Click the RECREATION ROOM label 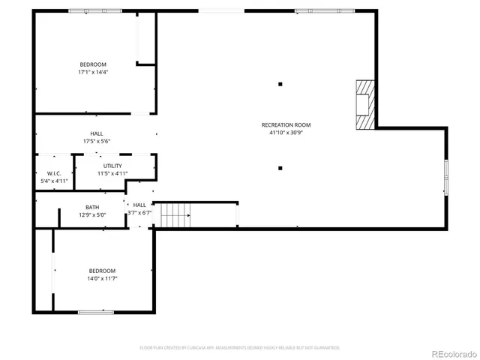point(286,124)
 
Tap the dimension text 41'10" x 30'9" point(286,133)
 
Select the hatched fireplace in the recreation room point(364,105)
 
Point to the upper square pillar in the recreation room point(280,84)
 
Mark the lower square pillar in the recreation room point(280,168)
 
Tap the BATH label point(92,207)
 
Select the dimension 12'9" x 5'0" point(92,215)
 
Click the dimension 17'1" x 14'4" point(94,73)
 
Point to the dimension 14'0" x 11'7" point(103,278)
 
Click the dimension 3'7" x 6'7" point(139,212)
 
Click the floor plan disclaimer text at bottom point(240,348)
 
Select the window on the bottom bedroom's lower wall point(96,312)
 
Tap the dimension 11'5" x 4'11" point(112,174)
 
